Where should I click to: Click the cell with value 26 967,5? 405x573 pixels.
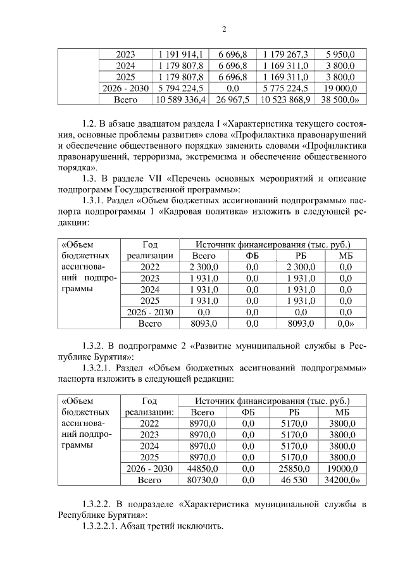(232, 100)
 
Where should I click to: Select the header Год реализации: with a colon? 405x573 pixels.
(150, 406)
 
